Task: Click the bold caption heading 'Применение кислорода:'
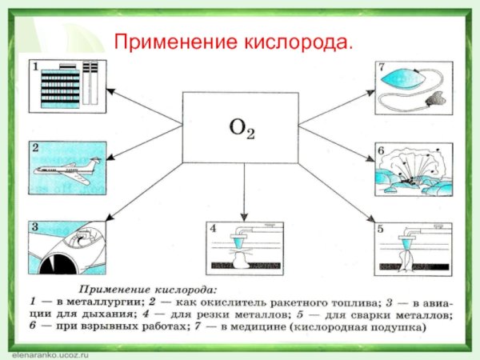151,288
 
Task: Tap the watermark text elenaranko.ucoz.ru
44,352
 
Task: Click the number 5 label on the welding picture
382,228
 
